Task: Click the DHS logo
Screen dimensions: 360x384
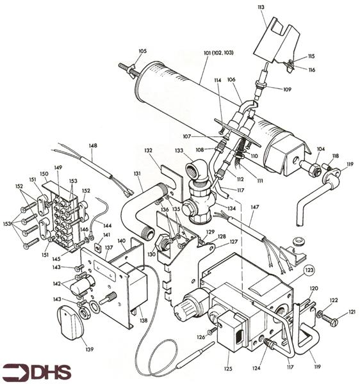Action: tap(37, 372)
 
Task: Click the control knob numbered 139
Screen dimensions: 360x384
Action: tap(70, 323)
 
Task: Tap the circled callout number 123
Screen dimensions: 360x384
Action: tap(309, 270)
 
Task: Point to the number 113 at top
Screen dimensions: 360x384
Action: tap(261, 7)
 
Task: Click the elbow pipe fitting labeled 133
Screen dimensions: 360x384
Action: tap(197, 169)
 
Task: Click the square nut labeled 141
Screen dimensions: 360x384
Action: tap(98, 249)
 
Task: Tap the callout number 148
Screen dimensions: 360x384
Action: tap(93, 145)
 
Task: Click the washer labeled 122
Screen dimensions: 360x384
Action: tap(320, 314)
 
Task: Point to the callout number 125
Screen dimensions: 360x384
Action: tap(228, 369)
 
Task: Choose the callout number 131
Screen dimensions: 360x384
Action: tap(137, 173)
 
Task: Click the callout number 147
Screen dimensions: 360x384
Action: tap(255, 207)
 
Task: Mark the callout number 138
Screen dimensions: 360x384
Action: tap(143, 320)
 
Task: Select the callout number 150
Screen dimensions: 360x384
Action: tap(44, 174)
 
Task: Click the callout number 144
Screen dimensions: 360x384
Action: tap(108, 225)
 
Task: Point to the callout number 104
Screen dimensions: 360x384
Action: tap(321, 149)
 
